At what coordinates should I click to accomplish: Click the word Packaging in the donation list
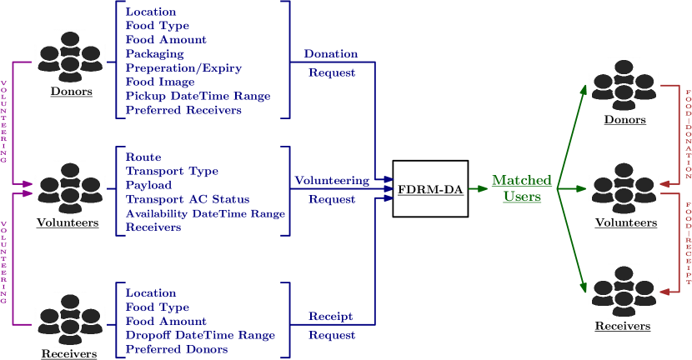pyautogui.click(x=155, y=53)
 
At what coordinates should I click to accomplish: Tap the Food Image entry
pyautogui.click(x=160, y=82)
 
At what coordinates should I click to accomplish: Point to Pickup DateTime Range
pyautogui.click(x=198, y=96)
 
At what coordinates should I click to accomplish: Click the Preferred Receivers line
pyautogui.click(x=183, y=110)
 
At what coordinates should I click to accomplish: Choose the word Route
pyautogui.click(x=143, y=157)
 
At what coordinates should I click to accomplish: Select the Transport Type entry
pyautogui.click(x=172, y=171)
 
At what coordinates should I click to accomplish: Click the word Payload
pyautogui.click(x=148, y=185)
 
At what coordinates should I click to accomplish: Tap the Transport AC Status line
pyautogui.click(x=188, y=199)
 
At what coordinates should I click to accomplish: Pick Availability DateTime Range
pyautogui.click(x=205, y=213)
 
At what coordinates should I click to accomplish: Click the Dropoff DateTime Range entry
pyautogui.click(x=200, y=335)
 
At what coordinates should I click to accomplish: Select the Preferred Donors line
pyautogui.click(x=177, y=349)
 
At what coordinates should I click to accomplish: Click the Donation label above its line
pyautogui.click(x=331, y=53)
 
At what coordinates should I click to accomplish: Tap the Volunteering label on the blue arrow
pyautogui.click(x=332, y=180)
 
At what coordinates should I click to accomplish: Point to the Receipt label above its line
pyautogui.click(x=331, y=316)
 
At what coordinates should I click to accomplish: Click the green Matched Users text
pyautogui.click(x=521, y=188)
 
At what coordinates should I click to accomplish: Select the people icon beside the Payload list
pyautogui.click(x=70, y=188)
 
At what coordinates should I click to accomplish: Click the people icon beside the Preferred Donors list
pyautogui.click(x=70, y=319)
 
